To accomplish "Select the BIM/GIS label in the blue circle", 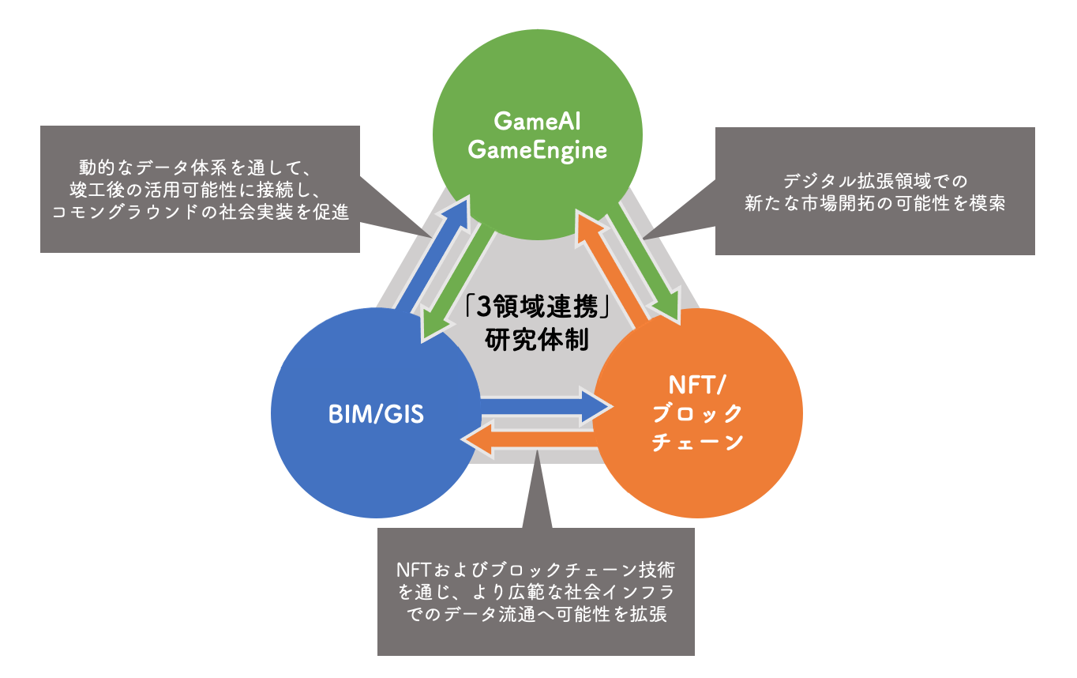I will pyautogui.click(x=376, y=414).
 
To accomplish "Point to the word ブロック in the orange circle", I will pyautogui.click(x=698, y=413).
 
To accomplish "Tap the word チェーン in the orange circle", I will pyautogui.click(x=698, y=442).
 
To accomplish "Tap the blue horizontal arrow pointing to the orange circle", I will pyautogui.click(x=545, y=405).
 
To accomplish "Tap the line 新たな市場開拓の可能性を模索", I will pyautogui.click(x=875, y=203).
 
